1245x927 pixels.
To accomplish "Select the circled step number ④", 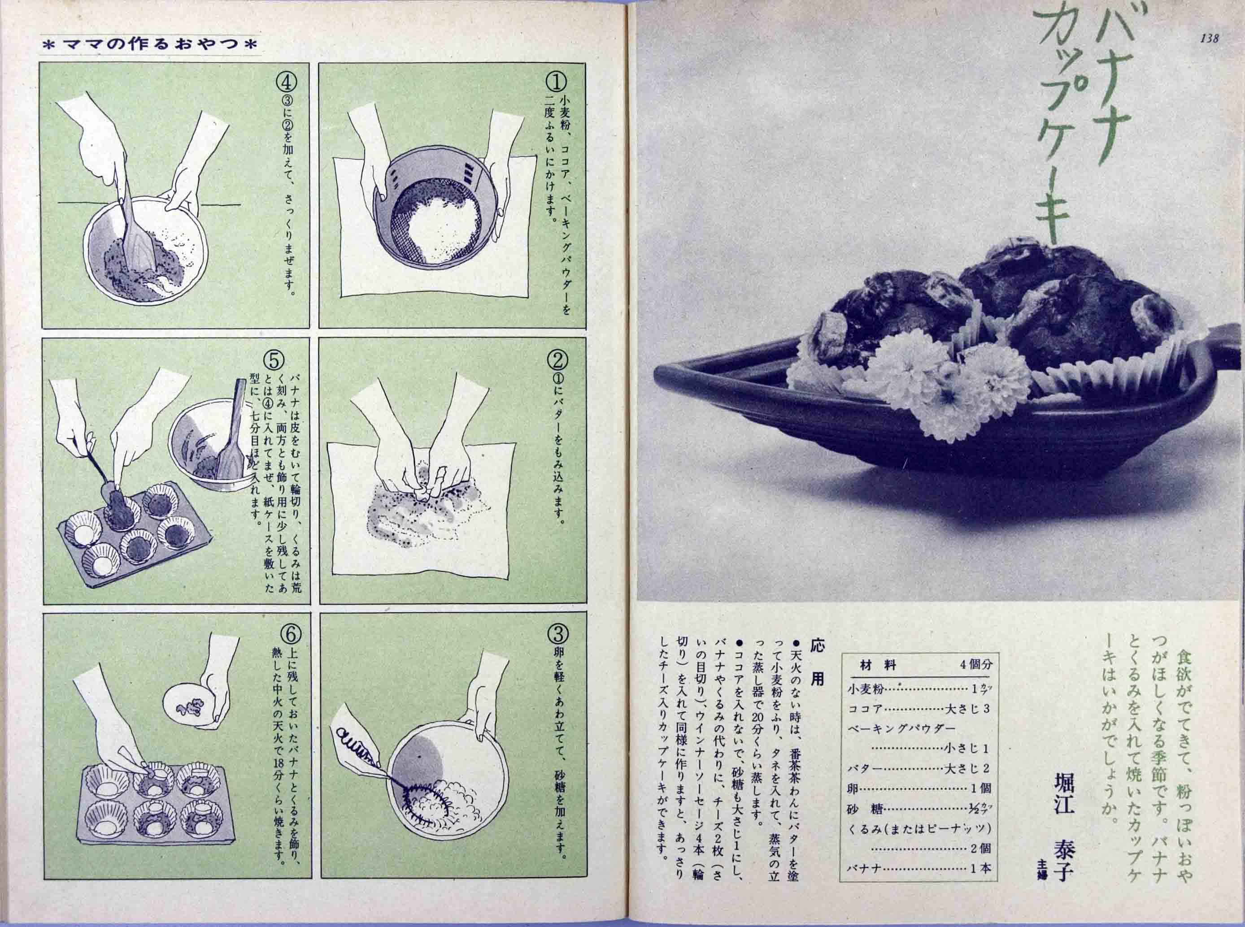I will pyautogui.click(x=286, y=82).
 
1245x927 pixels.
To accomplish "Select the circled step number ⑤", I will pyautogui.click(x=277, y=359).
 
